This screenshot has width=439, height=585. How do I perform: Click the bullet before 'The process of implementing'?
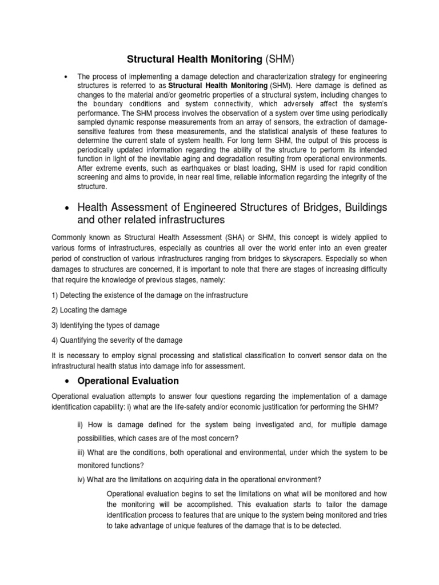click(x=67, y=77)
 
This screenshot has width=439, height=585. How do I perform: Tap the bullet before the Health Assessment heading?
click(x=67, y=206)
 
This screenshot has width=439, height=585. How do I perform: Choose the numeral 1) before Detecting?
click(x=55, y=295)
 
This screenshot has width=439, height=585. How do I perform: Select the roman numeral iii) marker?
click(x=82, y=452)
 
